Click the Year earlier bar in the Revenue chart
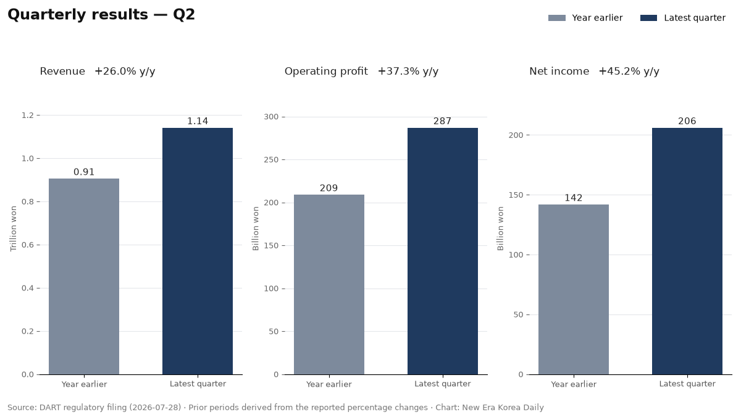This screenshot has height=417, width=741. tap(84, 276)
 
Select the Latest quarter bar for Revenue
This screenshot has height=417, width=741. tap(198, 251)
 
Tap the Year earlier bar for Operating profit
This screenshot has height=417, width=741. tap(329, 285)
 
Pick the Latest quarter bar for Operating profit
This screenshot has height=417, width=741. tap(443, 251)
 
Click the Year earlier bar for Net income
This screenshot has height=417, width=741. tap(574, 290)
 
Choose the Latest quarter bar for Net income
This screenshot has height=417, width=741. tap(687, 251)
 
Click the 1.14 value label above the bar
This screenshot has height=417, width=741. tap(198, 121)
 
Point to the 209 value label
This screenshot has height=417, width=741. tap(329, 188)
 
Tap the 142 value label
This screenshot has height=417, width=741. tap(573, 198)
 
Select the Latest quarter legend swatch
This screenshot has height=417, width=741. tap(648, 18)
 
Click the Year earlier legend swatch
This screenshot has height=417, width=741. tap(557, 18)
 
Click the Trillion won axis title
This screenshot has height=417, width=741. tap(13, 229)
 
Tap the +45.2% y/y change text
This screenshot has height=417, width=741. tap(629, 72)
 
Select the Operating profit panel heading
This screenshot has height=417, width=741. tap(326, 72)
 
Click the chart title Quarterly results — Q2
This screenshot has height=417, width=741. tap(101, 15)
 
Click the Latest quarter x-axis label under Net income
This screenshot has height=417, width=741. tap(687, 384)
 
